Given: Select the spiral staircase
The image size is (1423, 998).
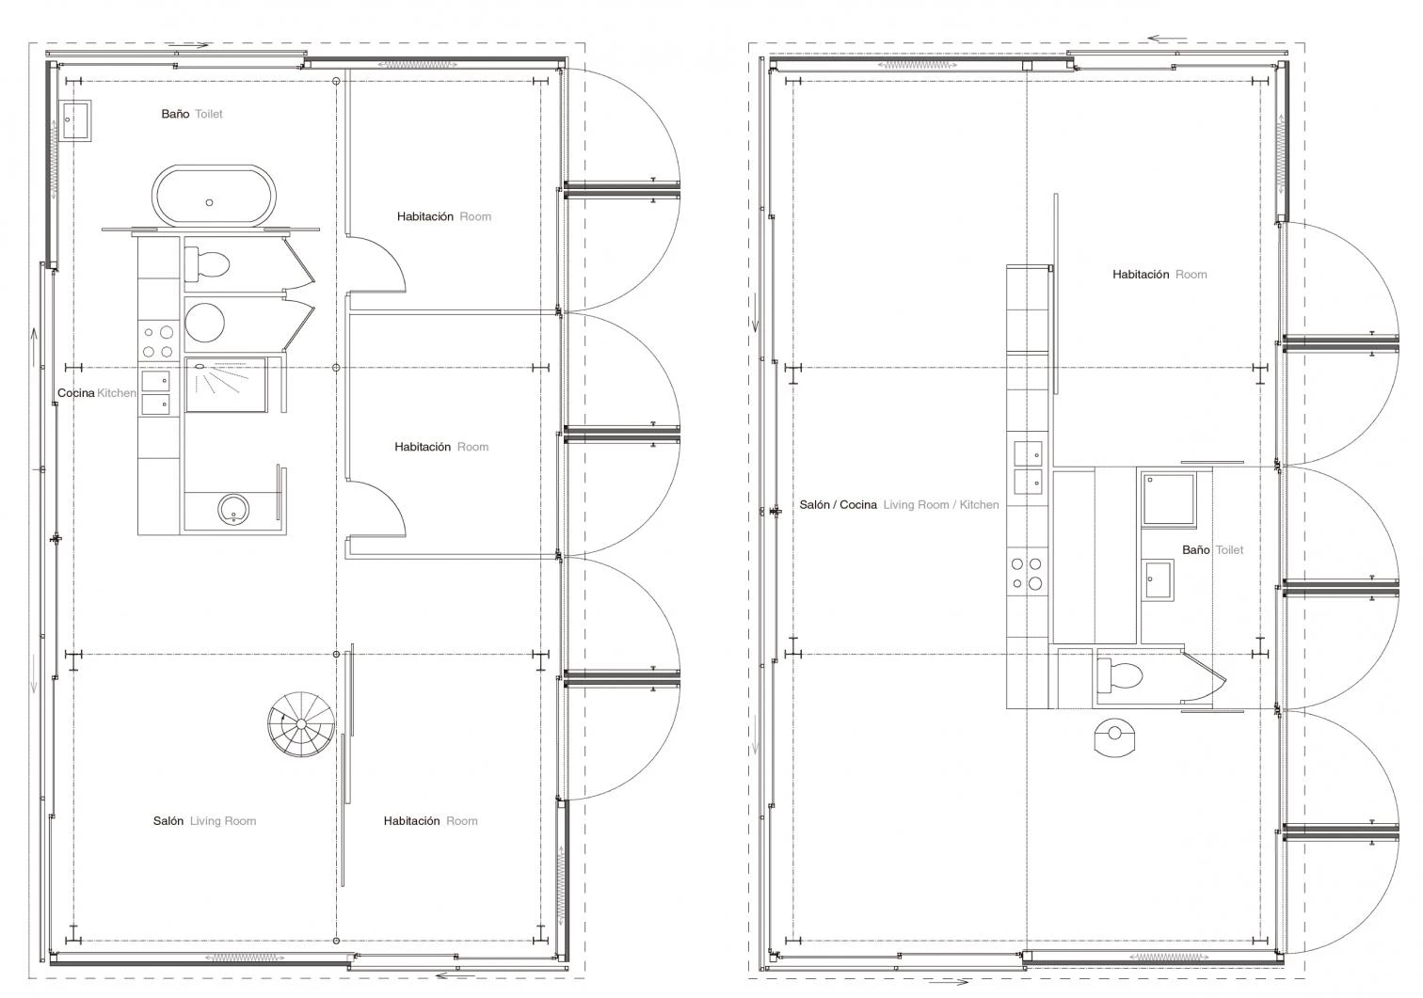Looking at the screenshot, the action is tap(301, 723).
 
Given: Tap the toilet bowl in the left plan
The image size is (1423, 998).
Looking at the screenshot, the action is tap(207, 264).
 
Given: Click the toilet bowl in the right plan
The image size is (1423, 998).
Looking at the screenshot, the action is tap(1119, 675).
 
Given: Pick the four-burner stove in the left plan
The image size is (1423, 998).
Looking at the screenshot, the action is tap(157, 341).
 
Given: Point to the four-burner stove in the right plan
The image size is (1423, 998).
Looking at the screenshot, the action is tap(1027, 573).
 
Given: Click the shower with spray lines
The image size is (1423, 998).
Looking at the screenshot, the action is tap(226, 385).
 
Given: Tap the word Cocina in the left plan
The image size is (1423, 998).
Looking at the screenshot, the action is tap(75, 393).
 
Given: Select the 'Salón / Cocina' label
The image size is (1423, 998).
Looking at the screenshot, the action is tap(838, 505).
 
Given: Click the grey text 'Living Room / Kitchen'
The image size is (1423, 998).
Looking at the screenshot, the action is tap(941, 505).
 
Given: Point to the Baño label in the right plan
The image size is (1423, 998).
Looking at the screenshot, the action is tap(1195, 549).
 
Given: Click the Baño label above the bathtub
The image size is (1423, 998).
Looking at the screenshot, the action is tap(175, 114).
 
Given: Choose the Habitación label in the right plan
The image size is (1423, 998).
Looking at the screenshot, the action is tap(1141, 275).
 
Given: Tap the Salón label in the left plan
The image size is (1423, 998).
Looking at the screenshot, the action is tap(168, 821).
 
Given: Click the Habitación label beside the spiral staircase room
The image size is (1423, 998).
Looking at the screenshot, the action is tap(411, 821).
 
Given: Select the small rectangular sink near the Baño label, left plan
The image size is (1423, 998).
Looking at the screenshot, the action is tap(75, 120).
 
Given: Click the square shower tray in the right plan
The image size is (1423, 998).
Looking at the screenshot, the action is tap(1168, 499).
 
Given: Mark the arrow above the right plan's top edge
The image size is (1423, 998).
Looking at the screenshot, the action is tap(1167, 39).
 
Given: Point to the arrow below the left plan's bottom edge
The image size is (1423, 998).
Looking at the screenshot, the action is tap(456, 974).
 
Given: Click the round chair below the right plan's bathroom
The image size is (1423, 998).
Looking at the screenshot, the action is tap(1113, 737).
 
